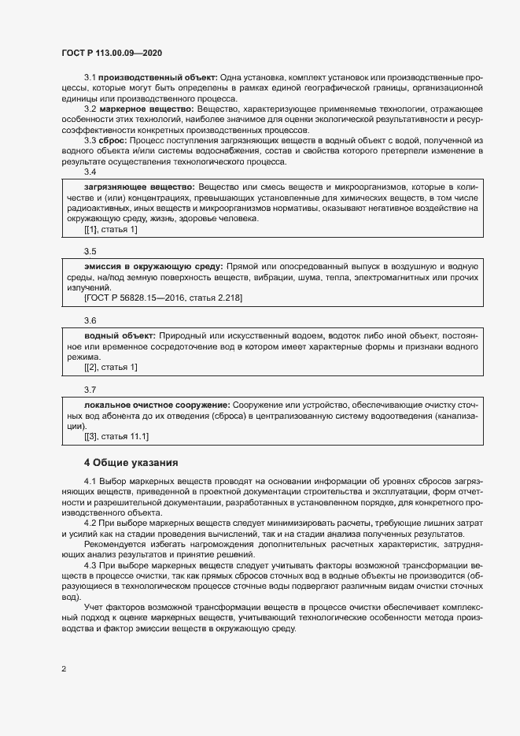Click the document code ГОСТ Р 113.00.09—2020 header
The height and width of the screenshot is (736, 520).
(112, 53)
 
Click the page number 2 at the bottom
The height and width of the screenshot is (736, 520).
(64, 670)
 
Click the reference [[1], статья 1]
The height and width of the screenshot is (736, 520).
(110, 229)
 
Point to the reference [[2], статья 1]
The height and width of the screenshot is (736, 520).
(110, 367)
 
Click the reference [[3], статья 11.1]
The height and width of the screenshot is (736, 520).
(116, 435)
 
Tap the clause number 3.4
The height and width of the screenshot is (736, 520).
(90, 171)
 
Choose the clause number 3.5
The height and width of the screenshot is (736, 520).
(90, 251)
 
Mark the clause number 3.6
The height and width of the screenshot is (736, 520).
(90, 320)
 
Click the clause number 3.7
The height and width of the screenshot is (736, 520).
(90, 389)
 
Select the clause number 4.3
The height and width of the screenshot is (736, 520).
(90, 565)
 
